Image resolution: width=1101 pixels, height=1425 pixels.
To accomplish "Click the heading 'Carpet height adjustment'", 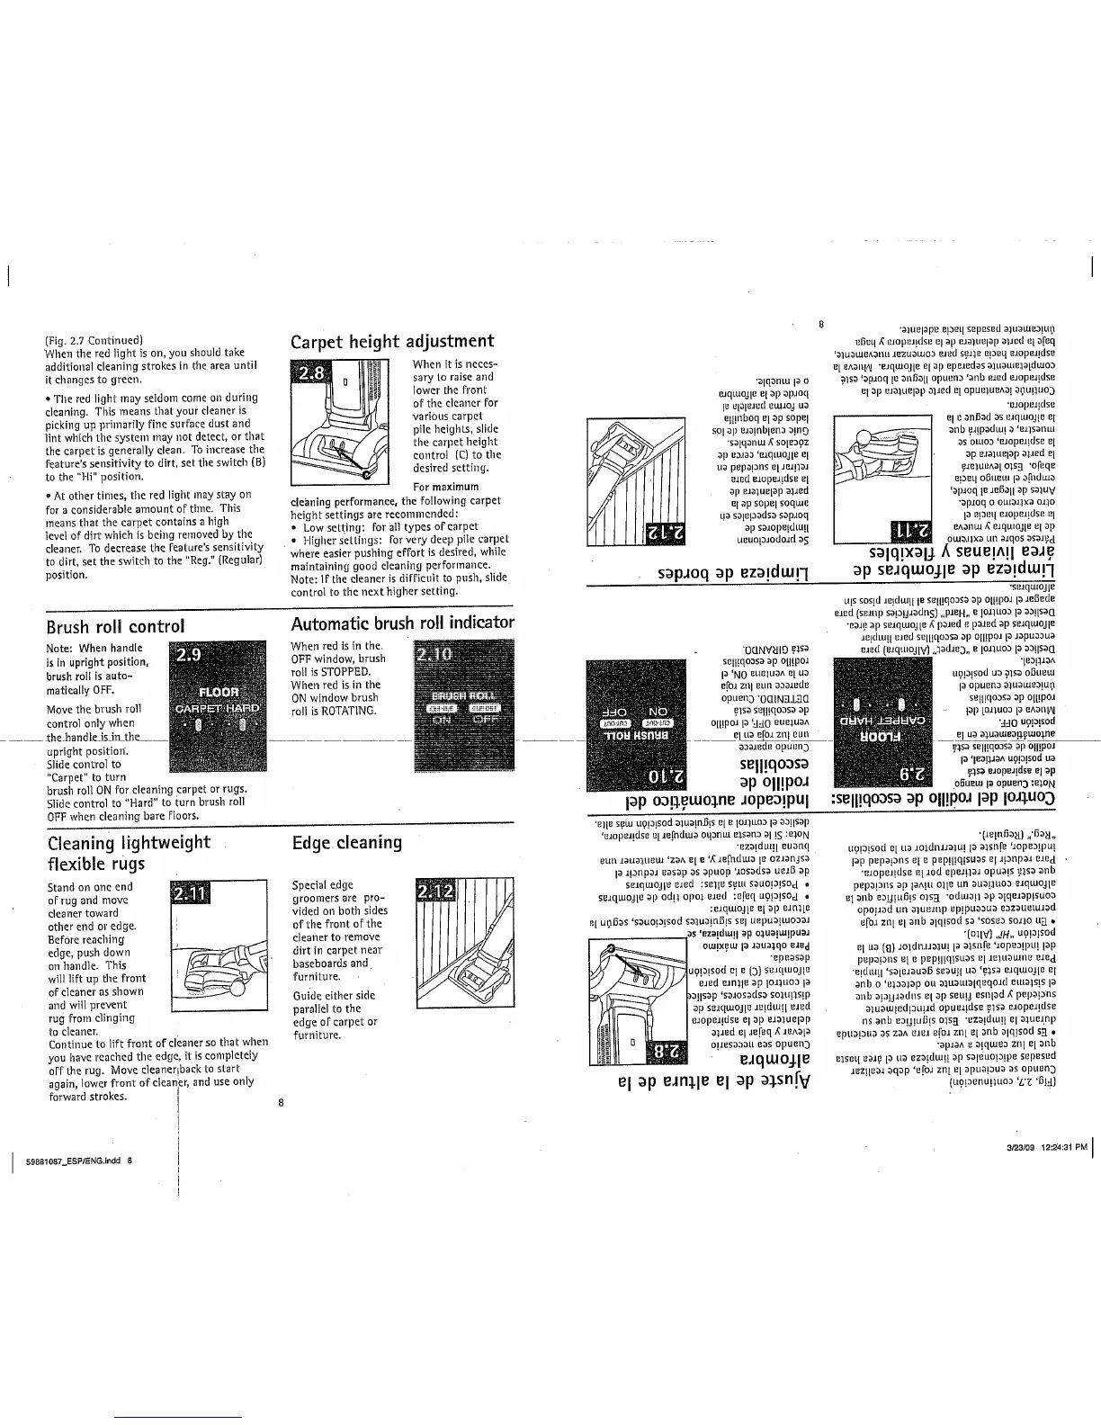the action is [x=392, y=341].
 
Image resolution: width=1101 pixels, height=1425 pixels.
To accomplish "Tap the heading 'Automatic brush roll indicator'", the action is [x=402, y=623].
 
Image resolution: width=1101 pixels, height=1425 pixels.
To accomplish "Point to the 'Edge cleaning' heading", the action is [x=347, y=843].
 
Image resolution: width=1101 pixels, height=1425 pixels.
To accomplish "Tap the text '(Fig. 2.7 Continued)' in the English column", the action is [x=94, y=340].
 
